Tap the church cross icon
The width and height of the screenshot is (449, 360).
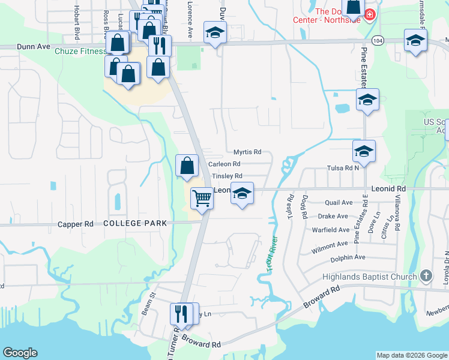(426, 276)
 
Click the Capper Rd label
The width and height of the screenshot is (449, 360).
(76, 224)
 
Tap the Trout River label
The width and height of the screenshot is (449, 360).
(270, 256)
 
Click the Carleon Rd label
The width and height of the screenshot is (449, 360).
(224, 164)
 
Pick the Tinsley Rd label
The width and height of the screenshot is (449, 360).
(227, 176)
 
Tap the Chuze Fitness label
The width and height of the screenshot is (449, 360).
(80, 52)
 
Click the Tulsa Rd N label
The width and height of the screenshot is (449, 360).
(343, 169)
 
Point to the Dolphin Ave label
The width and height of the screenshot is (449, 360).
(348, 257)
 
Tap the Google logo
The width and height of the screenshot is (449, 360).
(20, 353)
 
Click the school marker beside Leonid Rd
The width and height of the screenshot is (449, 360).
(242, 194)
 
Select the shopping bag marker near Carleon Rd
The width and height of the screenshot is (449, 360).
(187, 166)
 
